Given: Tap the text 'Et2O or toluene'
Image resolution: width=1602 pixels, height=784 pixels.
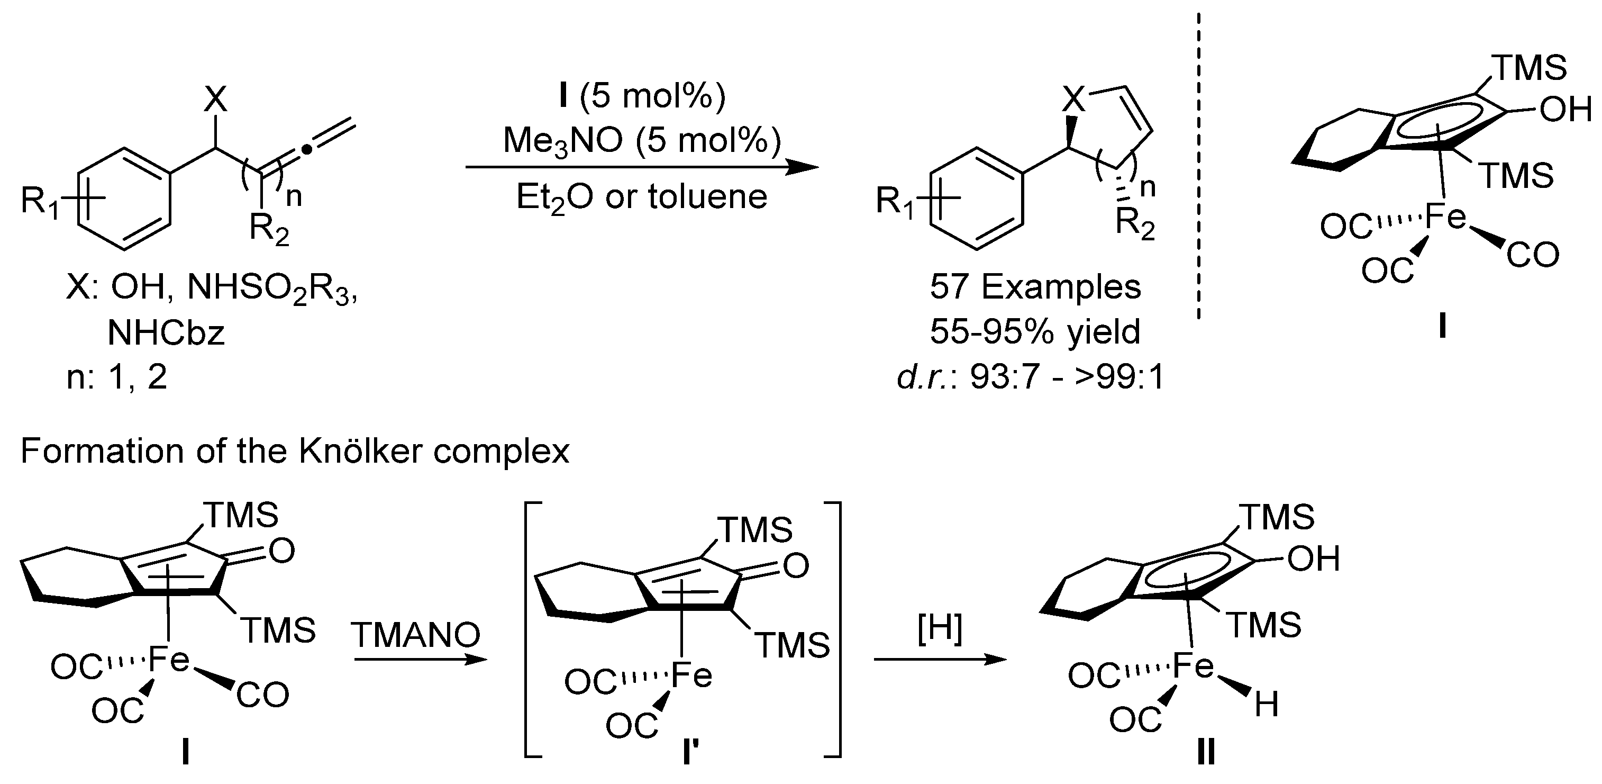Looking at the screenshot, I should click(x=642, y=198).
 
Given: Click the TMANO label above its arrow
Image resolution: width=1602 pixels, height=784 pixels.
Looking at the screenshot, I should click(x=415, y=635).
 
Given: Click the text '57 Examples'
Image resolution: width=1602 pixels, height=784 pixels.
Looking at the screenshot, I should click(x=1035, y=287).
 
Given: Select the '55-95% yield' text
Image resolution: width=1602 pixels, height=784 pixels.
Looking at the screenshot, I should click(x=1035, y=331).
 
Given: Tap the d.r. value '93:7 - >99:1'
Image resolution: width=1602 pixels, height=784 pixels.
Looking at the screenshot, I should click(x=1067, y=377).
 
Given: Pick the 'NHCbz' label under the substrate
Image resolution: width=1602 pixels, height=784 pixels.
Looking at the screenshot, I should click(x=166, y=334).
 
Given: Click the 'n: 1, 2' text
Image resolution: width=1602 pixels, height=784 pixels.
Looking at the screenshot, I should click(x=117, y=377).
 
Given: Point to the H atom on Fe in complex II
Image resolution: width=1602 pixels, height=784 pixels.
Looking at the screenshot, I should click(x=1266, y=705).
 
